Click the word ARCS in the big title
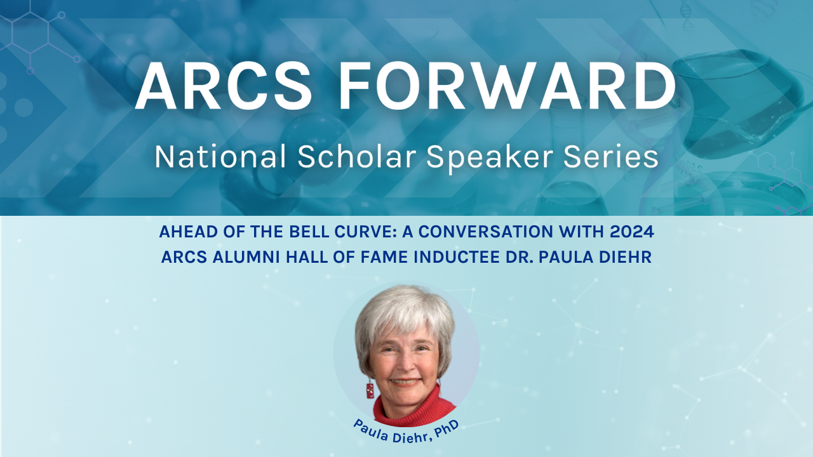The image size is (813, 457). [224, 86]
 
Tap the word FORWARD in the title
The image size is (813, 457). [507, 86]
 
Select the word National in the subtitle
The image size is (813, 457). [220, 157]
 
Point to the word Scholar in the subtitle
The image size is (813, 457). [357, 157]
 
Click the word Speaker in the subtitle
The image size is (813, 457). [490, 159]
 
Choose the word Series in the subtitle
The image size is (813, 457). [611, 157]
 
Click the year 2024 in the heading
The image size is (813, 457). [632, 232]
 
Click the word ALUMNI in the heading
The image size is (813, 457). [246, 257]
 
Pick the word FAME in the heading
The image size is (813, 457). [385, 257]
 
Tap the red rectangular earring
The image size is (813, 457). [370, 390]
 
